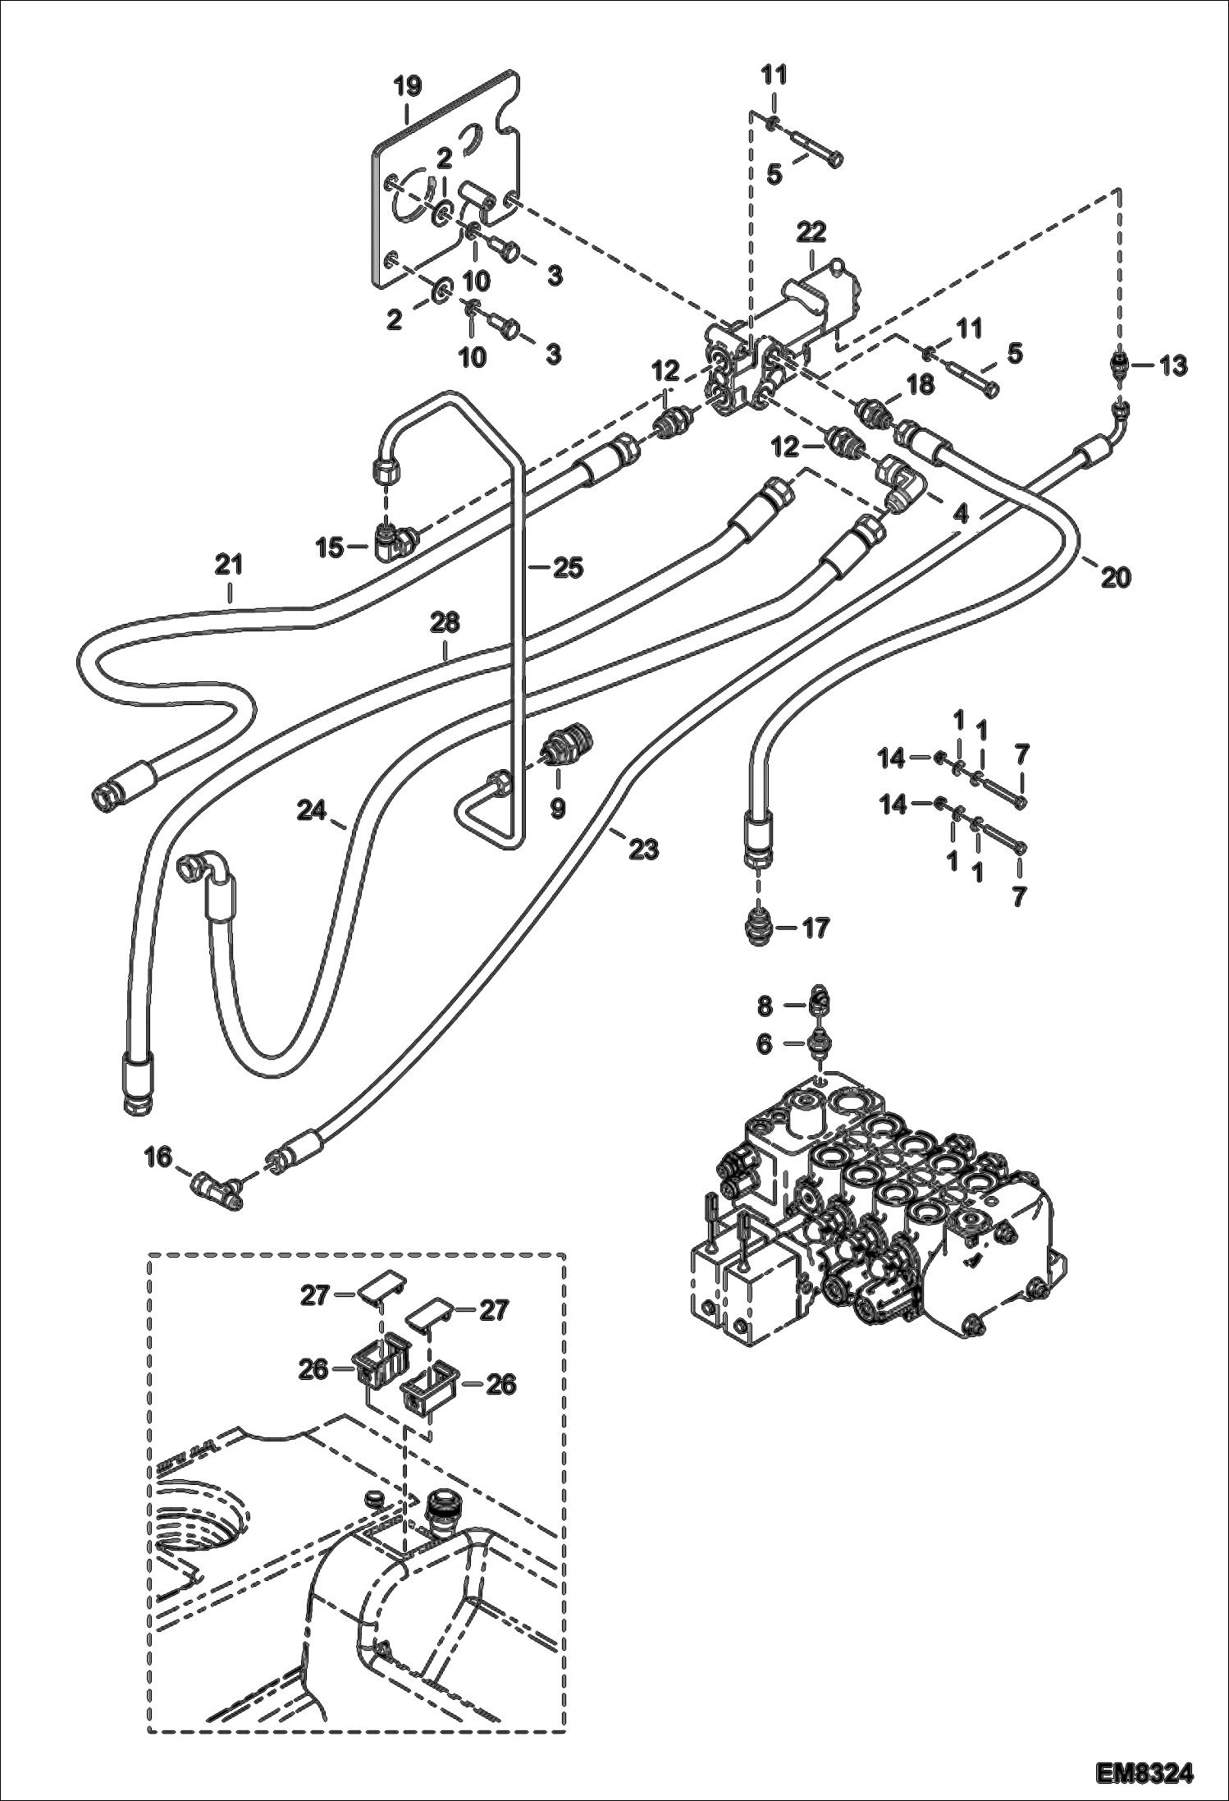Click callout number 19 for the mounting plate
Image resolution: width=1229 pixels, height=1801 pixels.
[408, 85]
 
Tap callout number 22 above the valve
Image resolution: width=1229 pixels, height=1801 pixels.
[810, 231]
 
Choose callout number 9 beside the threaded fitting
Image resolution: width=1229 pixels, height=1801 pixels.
[557, 809]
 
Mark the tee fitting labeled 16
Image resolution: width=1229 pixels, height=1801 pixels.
[214, 1185]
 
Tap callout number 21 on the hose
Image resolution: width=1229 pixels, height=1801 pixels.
[230, 566]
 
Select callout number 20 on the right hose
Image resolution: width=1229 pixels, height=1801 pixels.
[1116, 577]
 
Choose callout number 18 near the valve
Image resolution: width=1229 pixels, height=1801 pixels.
[921, 384]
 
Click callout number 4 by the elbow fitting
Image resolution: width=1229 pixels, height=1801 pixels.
[962, 515]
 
